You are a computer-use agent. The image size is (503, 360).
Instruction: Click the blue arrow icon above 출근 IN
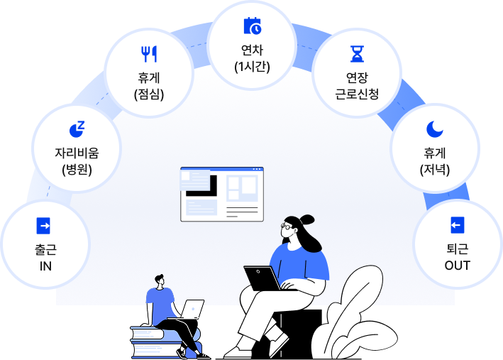click(x=44, y=226)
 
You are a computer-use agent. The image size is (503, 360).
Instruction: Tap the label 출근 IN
click(x=45, y=258)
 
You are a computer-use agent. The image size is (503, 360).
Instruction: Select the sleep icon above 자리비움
click(x=77, y=128)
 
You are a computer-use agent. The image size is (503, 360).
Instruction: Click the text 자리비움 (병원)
click(x=77, y=160)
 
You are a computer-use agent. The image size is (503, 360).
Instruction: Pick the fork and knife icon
click(x=149, y=54)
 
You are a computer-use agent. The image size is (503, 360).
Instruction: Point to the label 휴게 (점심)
click(x=149, y=85)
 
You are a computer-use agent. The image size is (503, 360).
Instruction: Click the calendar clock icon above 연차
click(x=252, y=26)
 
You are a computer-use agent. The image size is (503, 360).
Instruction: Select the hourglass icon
click(x=356, y=54)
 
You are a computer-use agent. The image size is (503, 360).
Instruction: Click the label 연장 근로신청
click(x=356, y=85)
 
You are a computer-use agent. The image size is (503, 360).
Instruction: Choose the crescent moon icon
click(x=434, y=129)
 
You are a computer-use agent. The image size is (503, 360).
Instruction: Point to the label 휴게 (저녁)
click(x=434, y=160)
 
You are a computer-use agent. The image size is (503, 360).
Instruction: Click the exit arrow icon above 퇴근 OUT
click(x=457, y=225)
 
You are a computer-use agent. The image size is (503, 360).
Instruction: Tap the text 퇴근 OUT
click(x=457, y=258)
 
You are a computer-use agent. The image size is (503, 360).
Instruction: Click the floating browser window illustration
click(x=221, y=194)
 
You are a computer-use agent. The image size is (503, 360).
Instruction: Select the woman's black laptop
click(x=262, y=278)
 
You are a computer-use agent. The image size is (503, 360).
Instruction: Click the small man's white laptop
click(x=192, y=309)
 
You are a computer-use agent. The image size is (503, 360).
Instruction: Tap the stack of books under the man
click(x=157, y=342)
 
